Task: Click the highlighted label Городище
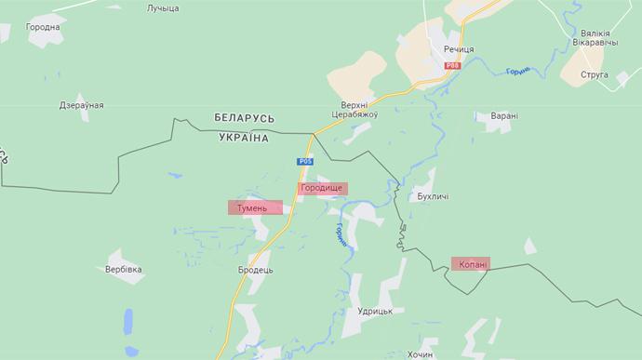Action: (322, 188)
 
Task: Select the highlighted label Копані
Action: (473, 264)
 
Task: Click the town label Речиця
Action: (459, 48)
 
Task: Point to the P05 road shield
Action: (305, 161)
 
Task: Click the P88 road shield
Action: (452, 65)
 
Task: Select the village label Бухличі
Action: (434, 197)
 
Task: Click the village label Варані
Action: (504, 116)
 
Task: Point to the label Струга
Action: (594, 73)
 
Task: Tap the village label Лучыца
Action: (163, 8)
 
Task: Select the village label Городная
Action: (43, 27)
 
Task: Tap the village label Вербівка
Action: (124, 269)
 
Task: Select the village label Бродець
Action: (255, 269)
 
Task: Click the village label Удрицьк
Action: (377, 311)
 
